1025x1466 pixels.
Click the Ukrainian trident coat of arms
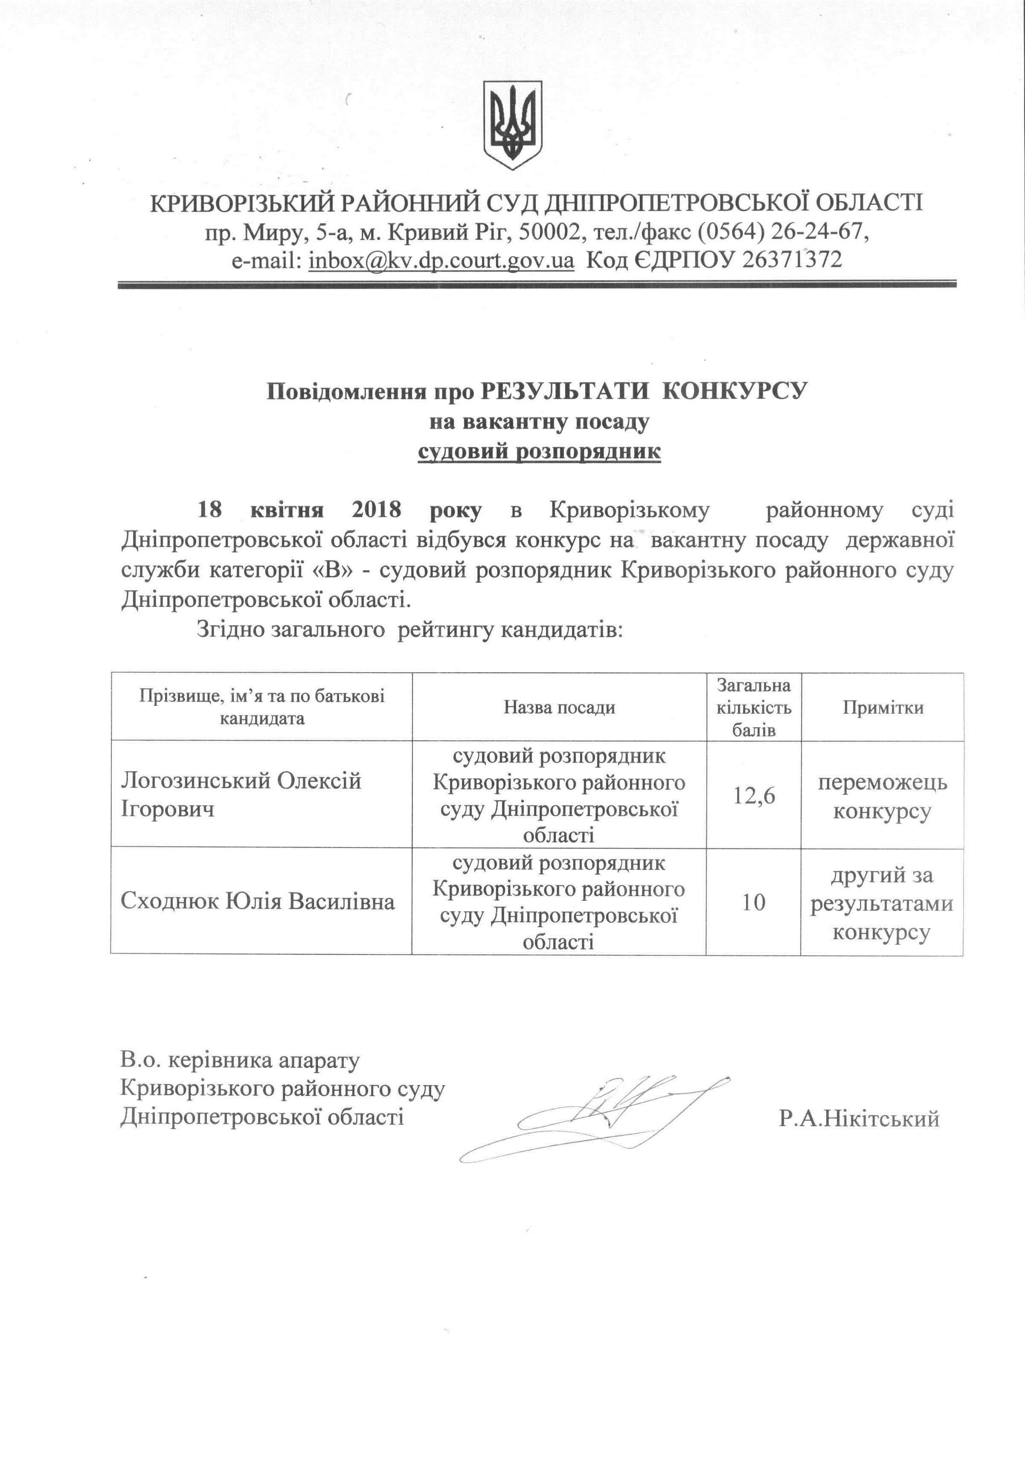point(513,125)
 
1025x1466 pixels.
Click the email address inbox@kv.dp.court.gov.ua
point(441,259)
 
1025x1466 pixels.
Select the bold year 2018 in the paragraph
point(376,510)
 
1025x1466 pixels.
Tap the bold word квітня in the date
point(287,510)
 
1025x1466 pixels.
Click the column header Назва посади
point(559,707)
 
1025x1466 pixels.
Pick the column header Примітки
point(883,707)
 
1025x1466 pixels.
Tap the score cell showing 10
point(754,902)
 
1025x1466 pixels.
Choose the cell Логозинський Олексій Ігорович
point(241,795)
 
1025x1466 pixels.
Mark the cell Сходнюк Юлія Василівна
point(257,902)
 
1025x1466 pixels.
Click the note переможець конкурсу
point(883,797)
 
